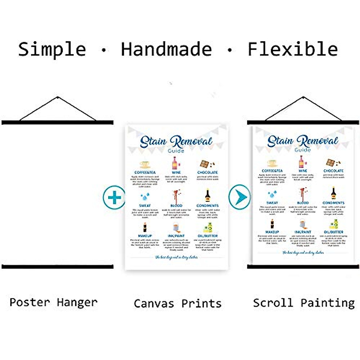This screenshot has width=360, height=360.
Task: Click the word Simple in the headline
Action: click(52, 49)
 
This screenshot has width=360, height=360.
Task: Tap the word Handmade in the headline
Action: click(166, 49)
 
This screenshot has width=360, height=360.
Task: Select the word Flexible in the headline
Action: click(293, 49)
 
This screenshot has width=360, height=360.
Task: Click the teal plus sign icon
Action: click(114, 197)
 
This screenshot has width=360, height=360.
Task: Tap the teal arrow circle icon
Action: click(239, 197)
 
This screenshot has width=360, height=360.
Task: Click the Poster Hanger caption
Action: click(53, 302)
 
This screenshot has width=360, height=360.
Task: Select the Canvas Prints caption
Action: click(178, 303)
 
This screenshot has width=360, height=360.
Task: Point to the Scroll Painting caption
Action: click(304, 303)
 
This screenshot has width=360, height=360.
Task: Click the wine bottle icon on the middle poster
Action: click(175, 163)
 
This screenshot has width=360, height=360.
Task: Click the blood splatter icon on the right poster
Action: click(302, 194)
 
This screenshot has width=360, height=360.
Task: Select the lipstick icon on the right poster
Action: click(272, 224)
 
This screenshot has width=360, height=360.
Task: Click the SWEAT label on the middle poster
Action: click(145, 205)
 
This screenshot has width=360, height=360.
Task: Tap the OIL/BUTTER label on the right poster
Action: click(333, 232)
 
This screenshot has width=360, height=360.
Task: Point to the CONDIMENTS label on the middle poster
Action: click(208, 205)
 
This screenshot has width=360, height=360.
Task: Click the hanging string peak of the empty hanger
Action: click(57, 97)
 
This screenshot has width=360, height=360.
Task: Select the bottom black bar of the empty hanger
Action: click(58, 266)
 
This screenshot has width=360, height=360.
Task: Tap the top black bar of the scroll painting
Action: click(303, 122)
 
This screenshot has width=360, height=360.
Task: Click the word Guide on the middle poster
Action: click(176, 151)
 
